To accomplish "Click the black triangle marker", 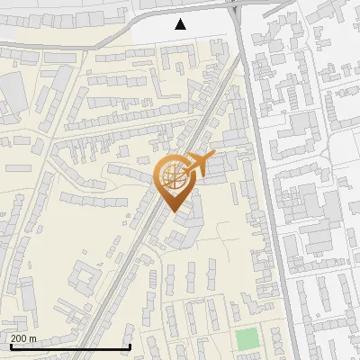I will pyautogui.click(x=181, y=24).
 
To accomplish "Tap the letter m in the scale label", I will pyautogui.click(x=33, y=338).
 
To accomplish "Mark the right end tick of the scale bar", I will pyautogui.click(x=130, y=346).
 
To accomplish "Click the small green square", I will pyautogui.click(x=246, y=340).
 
